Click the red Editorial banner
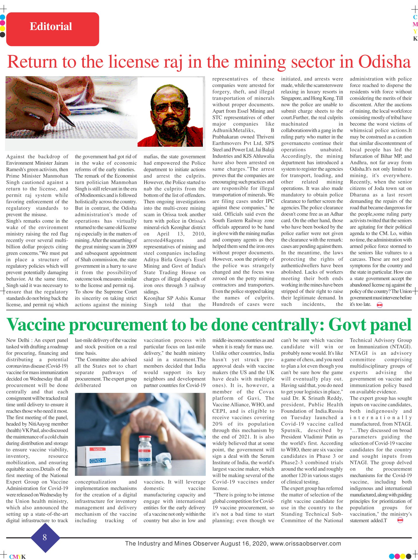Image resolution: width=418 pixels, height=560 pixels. (x=52, y=29)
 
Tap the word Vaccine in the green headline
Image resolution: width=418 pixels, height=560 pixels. (x=36, y=325)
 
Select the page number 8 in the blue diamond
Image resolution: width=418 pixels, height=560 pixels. (x=45, y=537)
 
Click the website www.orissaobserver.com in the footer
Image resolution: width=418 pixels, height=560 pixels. (x=306, y=543)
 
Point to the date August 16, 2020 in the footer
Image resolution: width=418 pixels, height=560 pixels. (x=244, y=543)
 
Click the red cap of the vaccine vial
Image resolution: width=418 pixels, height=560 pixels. (x=145, y=439)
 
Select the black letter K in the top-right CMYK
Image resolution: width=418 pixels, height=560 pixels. (x=415, y=39)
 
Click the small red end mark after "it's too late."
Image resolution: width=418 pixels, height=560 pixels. (x=379, y=305)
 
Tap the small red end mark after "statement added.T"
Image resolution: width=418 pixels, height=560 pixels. (x=400, y=520)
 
